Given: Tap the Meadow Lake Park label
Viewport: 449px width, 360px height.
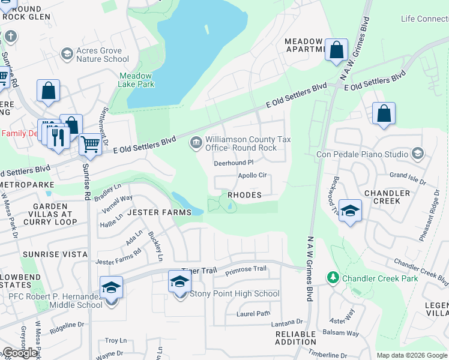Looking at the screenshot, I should click(136, 80).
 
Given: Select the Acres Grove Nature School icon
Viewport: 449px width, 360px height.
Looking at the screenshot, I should click(67, 55).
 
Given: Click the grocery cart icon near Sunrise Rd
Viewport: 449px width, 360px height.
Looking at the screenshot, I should click(90, 143).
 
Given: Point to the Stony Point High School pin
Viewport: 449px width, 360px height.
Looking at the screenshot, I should click(179, 281).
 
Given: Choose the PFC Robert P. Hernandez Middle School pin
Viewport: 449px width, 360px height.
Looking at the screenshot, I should click(111, 287).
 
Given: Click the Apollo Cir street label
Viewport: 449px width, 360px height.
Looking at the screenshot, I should click(252, 176).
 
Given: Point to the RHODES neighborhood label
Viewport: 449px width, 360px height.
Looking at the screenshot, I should click(244, 195).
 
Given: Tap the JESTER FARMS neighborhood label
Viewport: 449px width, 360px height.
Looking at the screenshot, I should click(160, 212).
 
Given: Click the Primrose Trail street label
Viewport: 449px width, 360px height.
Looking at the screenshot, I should click(246, 269).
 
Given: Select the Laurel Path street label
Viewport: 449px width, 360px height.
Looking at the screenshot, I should click(253, 313).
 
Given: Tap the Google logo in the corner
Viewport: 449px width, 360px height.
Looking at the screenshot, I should click(20, 353).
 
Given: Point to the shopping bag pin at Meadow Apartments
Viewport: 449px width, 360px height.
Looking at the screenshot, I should click(337, 50).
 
